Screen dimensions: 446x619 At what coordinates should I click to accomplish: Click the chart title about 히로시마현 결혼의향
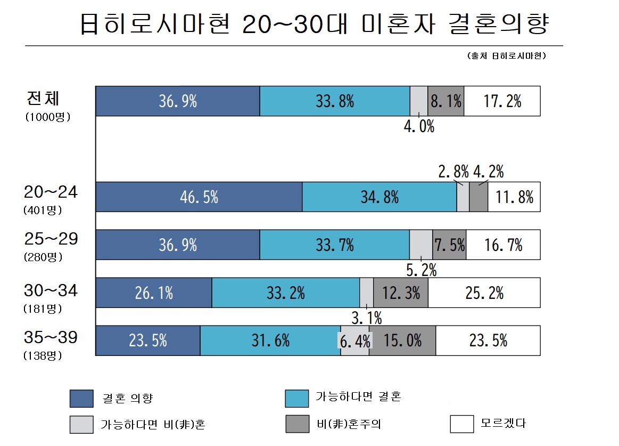tap(314, 24)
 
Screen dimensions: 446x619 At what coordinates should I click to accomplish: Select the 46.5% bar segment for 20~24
tap(199, 197)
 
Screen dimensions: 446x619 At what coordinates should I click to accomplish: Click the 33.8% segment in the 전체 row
tap(334, 101)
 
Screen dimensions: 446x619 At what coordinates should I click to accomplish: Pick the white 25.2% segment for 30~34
tap(484, 293)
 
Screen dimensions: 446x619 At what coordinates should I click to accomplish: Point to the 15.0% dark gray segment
tap(402, 340)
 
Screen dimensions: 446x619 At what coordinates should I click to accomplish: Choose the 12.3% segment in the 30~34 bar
tap(401, 293)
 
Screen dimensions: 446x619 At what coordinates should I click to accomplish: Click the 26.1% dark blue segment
tap(153, 293)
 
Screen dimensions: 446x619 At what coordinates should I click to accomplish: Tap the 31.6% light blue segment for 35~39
tap(270, 340)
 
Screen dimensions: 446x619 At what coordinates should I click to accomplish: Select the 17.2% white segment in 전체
tap(501, 101)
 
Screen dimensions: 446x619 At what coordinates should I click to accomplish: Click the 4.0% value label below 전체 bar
tap(419, 127)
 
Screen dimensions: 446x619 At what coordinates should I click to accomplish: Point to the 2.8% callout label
tap(453, 172)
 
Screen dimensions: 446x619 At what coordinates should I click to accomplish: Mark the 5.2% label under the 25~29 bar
tap(421, 270)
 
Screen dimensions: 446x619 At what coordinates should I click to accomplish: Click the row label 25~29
tap(51, 239)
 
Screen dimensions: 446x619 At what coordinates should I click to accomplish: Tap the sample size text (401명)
tap(43, 210)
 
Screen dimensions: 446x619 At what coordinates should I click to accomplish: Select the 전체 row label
tap(44, 99)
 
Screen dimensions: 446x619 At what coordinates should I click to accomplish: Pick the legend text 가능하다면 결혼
tap(358, 397)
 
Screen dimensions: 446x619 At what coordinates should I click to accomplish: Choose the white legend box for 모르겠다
tap(461, 424)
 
